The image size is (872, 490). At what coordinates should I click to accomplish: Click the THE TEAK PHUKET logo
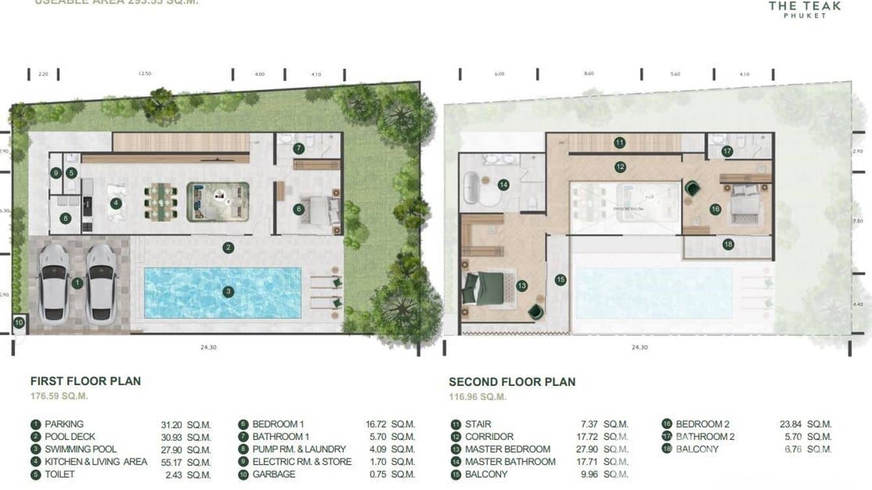tap(804, 9)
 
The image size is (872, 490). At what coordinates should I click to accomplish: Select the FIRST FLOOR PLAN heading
tap(85, 381)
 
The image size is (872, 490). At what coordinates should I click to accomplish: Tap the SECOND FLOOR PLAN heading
tap(512, 382)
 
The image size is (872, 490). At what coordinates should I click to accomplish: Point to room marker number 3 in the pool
tap(228, 292)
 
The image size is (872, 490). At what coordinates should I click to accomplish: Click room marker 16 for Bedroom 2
tap(715, 209)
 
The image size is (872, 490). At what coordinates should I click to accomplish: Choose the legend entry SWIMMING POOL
tap(81, 449)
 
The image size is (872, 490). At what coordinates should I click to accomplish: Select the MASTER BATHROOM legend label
tap(510, 461)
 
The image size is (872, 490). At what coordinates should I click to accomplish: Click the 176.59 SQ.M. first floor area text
tap(59, 396)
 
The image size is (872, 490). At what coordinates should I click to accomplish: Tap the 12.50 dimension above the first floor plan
tap(144, 74)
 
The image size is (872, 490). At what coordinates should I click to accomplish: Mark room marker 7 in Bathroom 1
tap(298, 148)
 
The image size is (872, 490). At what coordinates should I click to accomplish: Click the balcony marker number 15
tap(561, 279)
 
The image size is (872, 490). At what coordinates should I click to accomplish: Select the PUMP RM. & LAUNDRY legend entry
tap(299, 449)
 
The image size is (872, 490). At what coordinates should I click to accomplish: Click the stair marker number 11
tap(619, 142)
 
